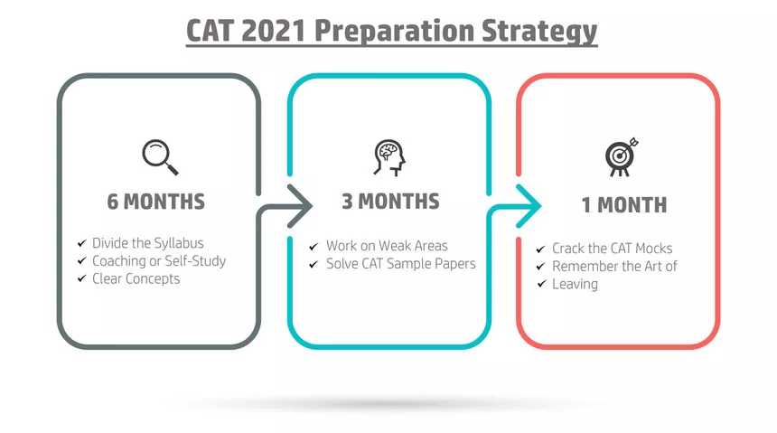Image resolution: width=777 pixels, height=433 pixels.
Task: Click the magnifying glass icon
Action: pos(160,157)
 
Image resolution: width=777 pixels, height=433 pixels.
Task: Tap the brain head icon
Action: pos(389,157)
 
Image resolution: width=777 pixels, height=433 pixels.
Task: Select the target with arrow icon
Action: pos(622,156)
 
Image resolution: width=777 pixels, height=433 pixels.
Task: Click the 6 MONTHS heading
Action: pos(155,202)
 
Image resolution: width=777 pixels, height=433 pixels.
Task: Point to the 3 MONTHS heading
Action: pos(390,202)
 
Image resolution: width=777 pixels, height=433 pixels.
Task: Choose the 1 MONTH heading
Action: pos(624,205)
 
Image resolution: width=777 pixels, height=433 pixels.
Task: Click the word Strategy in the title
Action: pos(539,31)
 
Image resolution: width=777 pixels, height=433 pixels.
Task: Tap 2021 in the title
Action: pos(274,30)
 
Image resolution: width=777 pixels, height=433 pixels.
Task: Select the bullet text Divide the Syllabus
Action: pos(147,243)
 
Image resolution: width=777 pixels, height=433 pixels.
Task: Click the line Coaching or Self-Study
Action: pos(159,261)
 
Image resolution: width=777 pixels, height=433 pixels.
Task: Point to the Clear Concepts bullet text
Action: pos(136,278)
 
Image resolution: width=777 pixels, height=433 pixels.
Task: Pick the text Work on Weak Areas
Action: pos(387,246)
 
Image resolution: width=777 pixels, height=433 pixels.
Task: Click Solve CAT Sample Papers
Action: pos(401,263)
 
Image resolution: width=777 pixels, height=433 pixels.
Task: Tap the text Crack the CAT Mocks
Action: pos(612,248)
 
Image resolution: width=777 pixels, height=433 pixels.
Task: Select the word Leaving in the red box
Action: pos(575,284)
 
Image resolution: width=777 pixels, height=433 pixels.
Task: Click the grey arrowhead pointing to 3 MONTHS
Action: pos(300,206)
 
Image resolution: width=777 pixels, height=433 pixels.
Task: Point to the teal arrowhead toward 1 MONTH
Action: pos(529,206)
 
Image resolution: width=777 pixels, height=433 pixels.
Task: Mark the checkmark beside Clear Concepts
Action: pos(81,278)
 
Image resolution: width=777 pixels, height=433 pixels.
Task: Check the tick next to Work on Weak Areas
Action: pos(314,246)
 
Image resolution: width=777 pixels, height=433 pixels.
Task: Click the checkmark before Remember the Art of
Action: pos(540,267)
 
